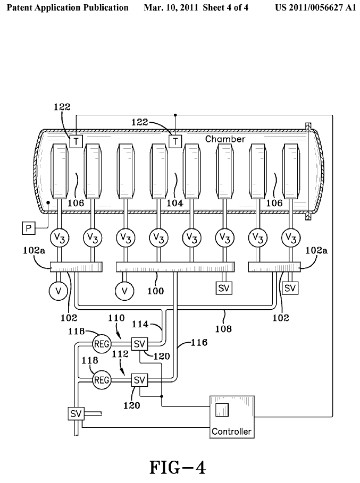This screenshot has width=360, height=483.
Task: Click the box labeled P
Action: pos(28,228)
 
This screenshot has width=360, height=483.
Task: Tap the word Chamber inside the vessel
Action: pos(225,139)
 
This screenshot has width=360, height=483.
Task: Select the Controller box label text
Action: pos(231,431)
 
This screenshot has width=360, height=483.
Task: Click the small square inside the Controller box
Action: pos(222,410)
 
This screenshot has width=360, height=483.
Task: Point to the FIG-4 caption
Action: pos(177,468)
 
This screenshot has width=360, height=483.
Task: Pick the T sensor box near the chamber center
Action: pos(175,140)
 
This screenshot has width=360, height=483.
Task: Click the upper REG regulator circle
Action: pos(102,344)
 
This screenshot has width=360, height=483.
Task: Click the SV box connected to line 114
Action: pos(139,344)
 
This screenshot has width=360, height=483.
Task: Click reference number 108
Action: pos(224,329)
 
